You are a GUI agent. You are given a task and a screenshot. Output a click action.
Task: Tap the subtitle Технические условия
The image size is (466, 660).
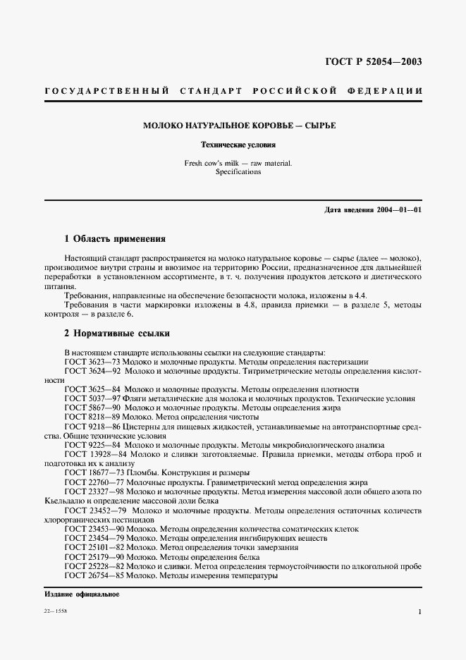233,145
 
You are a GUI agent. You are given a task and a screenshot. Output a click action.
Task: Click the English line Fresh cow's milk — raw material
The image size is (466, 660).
233,163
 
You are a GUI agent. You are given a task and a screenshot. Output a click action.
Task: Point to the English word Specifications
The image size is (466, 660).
233,171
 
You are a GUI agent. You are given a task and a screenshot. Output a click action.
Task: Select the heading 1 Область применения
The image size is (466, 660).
115,238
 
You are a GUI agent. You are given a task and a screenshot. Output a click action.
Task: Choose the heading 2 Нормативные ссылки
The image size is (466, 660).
116,333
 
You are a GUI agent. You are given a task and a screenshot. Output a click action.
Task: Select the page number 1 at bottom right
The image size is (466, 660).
419,613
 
